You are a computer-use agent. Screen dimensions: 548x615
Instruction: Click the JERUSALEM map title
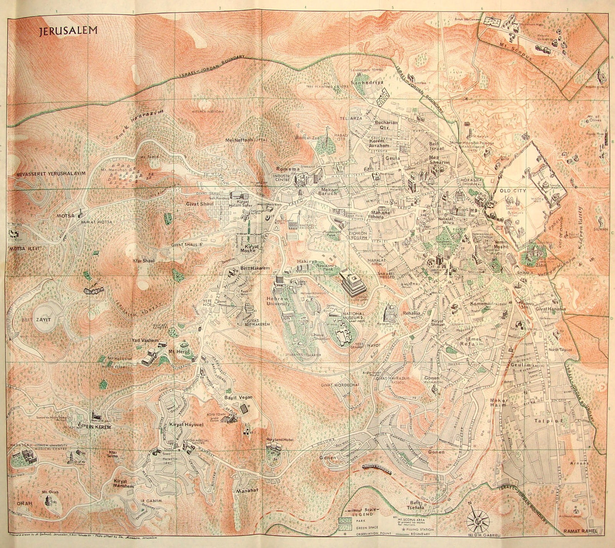point(68,31)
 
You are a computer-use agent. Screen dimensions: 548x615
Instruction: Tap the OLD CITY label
point(513,190)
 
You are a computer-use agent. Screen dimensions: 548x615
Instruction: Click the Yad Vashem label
point(145,341)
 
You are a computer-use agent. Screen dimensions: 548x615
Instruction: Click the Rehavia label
point(412,313)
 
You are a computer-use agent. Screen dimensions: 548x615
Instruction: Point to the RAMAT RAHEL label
point(580,531)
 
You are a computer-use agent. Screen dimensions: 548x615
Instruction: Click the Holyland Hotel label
point(280,439)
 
